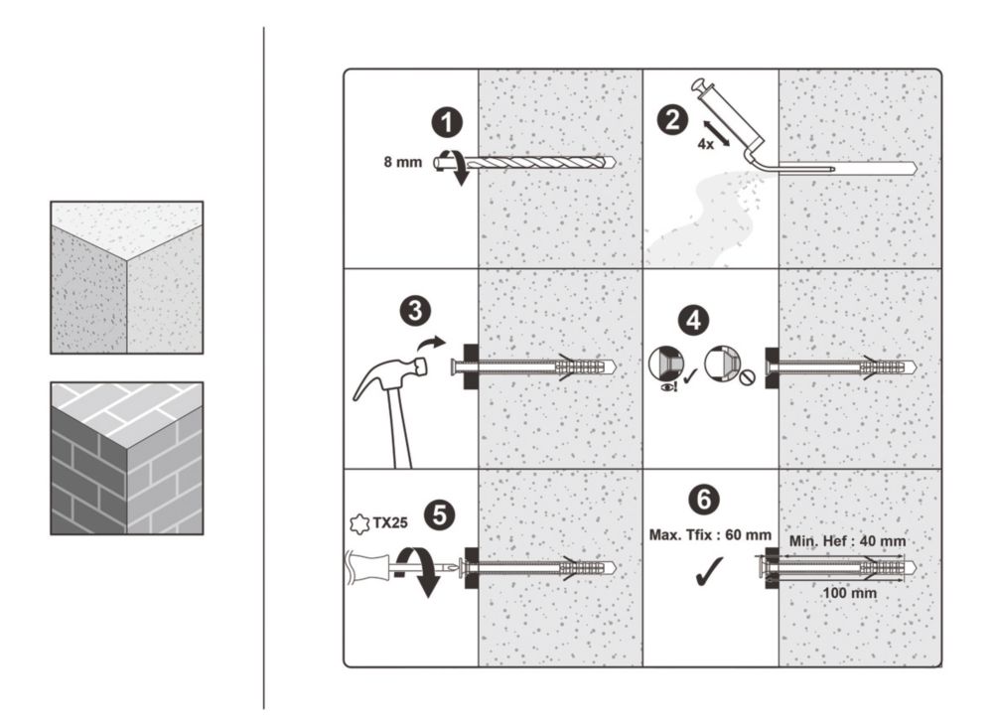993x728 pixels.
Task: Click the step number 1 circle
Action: pos(448,122)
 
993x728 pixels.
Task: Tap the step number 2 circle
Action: pos(672,120)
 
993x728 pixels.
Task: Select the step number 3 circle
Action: pos(415,311)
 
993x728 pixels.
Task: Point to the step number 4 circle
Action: pos(694,320)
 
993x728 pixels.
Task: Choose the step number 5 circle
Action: pos(439,514)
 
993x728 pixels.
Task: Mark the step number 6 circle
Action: pos(704,500)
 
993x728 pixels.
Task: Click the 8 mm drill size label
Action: pos(403,162)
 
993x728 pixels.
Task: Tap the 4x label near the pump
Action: pos(705,144)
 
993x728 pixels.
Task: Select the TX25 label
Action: pos(390,523)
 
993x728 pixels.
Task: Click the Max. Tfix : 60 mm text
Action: pos(710,534)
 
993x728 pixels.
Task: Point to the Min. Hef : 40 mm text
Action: pos(847,541)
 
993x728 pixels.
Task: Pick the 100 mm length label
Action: pos(849,593)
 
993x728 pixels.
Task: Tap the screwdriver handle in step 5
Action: pos(368,566)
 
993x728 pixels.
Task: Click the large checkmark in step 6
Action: pos(709,571)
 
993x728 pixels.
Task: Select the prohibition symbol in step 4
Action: pos(748,378)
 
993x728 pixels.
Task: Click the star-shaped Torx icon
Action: pos(359,524)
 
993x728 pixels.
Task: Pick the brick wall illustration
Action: pos(127,458)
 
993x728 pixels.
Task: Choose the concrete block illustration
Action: pos(127,277)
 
